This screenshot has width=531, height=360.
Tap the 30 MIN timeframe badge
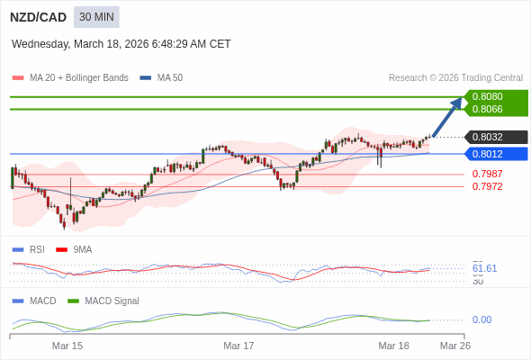[96, 17]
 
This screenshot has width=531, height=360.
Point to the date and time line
[121, 43]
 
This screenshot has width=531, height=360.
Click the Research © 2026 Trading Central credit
[455, 77]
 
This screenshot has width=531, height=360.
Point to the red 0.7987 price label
[487, 174]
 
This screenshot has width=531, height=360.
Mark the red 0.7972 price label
[487, 186]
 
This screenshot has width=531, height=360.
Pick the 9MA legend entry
[82, 249]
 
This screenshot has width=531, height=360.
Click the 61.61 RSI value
[484, 268]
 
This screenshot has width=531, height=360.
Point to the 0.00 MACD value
[481, 319]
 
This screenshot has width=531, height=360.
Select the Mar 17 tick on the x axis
[238, 346]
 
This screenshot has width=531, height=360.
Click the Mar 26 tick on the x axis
[454, 346]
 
